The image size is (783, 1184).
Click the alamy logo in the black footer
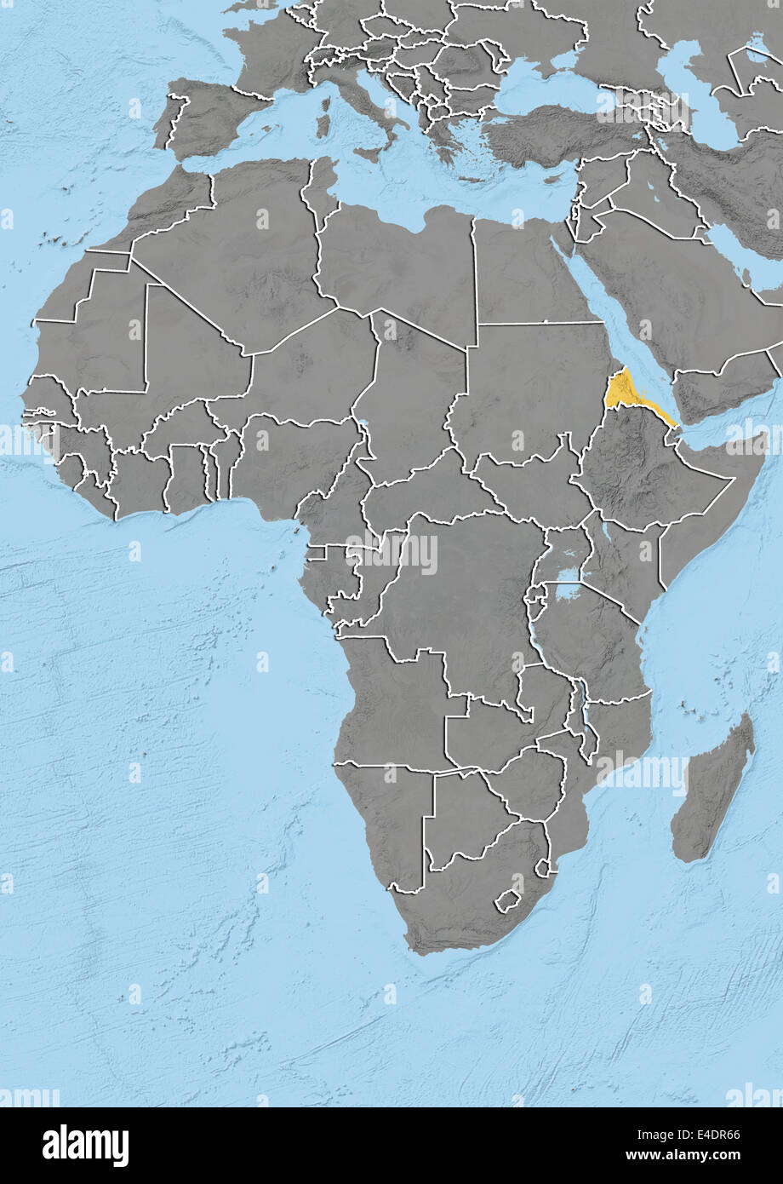(85, 1146)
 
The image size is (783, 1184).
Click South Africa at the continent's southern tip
(460, 903)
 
